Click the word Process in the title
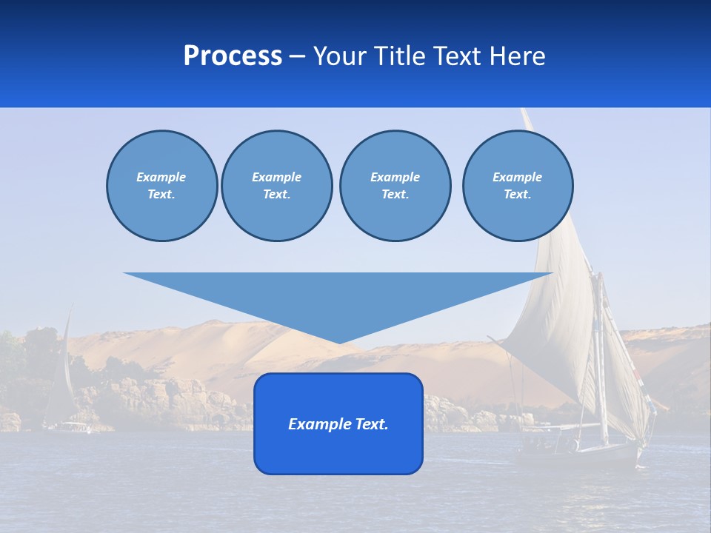pos(233,56)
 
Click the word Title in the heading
pos(399,56)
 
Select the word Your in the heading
pos(340,56)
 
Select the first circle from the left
pos(161,186)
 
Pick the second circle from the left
pos(276,186)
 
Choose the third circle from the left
pos(395,186)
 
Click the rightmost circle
pos(518,186)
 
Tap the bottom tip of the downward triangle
pos(339,343)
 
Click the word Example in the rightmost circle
pos(517,178)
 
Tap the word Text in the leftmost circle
pos(160,195)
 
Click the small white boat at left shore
pos(72,427)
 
